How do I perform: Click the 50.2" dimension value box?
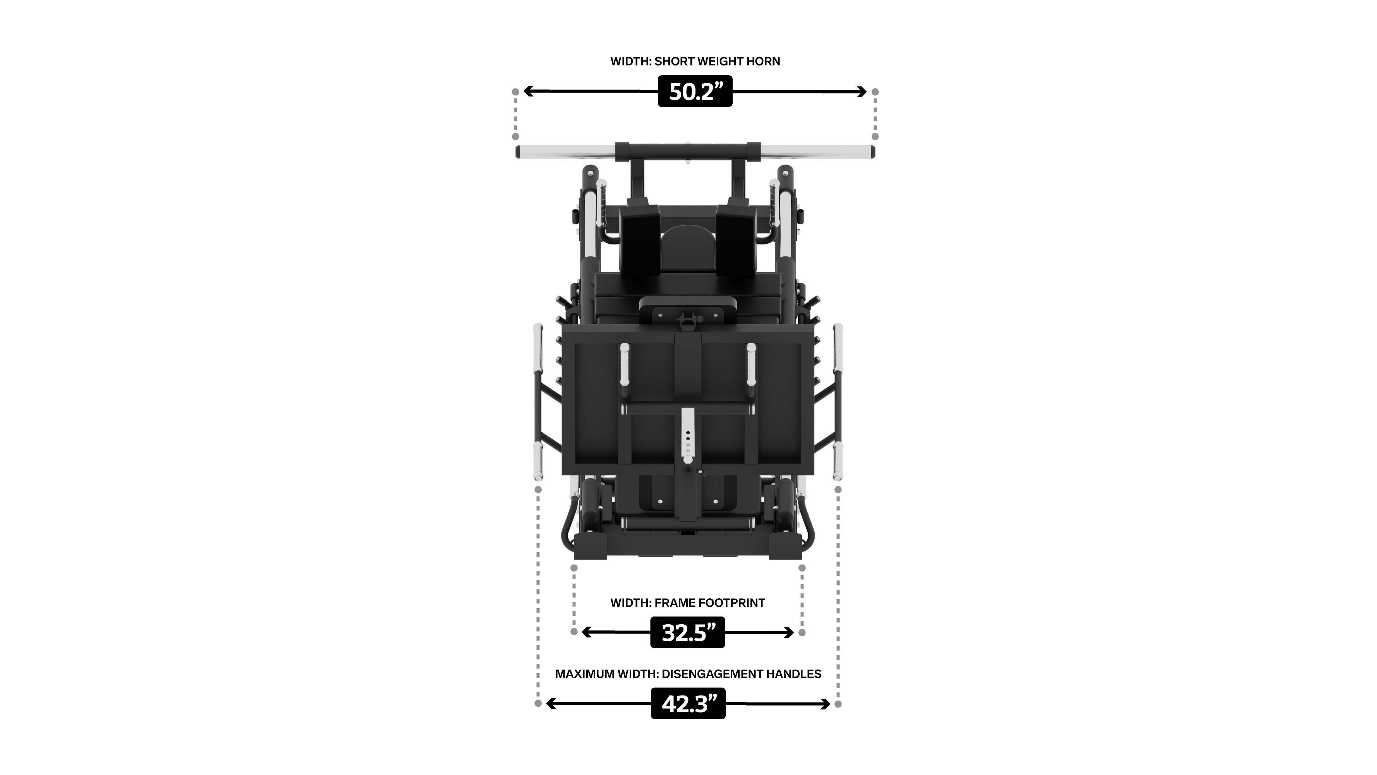point(695,91)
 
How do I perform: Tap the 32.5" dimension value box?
point(687,632)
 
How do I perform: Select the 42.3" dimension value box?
point(688,703)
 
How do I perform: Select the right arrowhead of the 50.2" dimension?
point(860,92)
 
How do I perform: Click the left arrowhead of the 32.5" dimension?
point(587,632)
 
